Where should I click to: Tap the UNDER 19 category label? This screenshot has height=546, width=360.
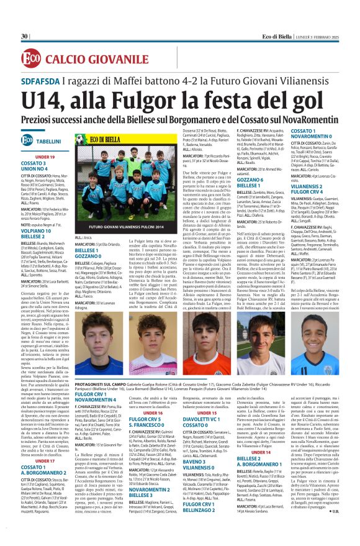(x=45, y=157)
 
